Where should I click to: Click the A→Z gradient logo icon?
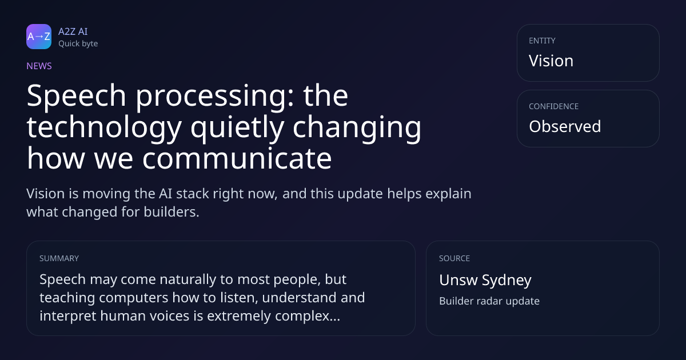(39, 37)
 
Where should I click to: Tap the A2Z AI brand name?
(73, 31)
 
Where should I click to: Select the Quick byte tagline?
(78, 44)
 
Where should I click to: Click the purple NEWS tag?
(39, 66)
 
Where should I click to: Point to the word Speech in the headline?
(76, 97)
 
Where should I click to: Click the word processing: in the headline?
(215, 97)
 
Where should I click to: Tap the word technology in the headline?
(105, 128)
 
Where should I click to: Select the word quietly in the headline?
(237, 128)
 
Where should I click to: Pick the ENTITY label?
(542, 41)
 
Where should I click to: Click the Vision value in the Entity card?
(551, 61)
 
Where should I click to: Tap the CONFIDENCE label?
(554, 106)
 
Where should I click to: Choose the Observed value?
(565, 126)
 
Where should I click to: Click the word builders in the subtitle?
(171, 212)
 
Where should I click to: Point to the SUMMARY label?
(59, 258)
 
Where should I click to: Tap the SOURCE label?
(454, 258)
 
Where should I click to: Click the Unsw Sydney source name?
(485, 280)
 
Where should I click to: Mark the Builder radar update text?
(489, 301)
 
